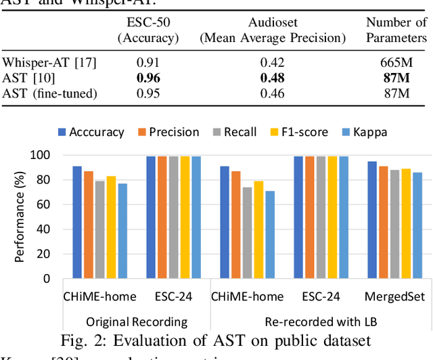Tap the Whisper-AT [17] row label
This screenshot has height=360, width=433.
coord(49,63)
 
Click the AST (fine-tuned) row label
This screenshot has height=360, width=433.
coord(50,93)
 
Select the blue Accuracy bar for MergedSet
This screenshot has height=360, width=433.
coord(372,219)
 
